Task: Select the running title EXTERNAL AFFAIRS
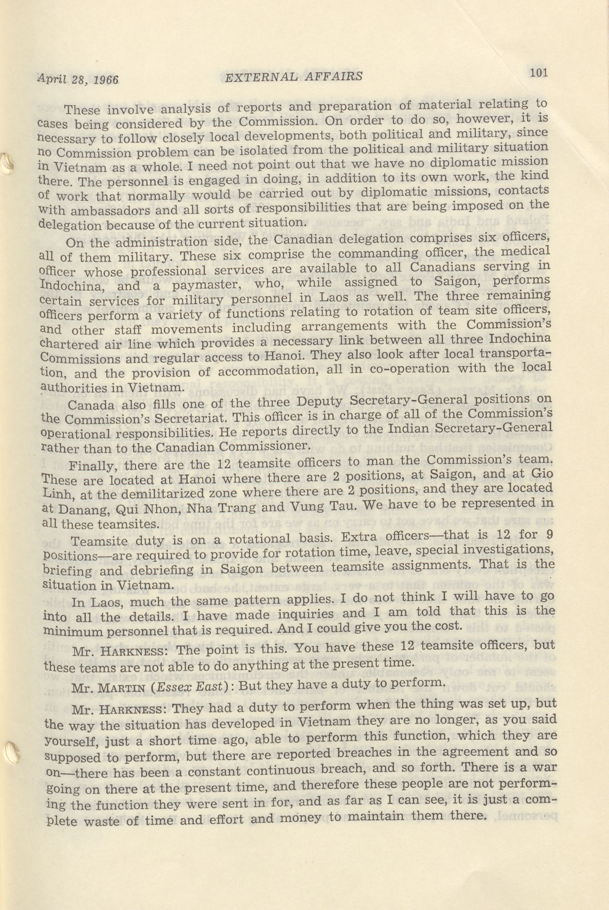coord(294,77)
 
